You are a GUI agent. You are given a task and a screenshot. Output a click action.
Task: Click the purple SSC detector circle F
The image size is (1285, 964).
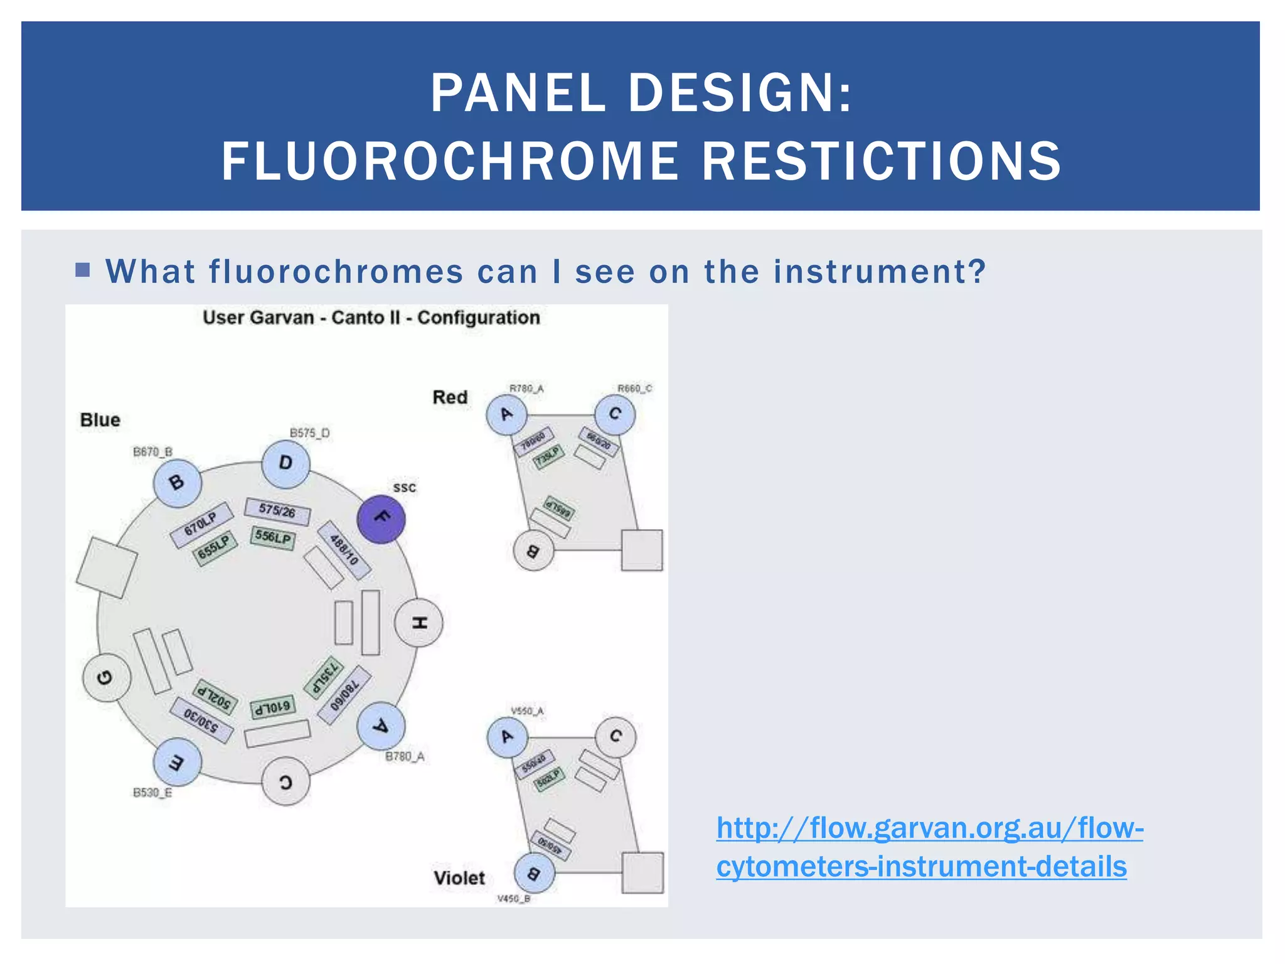point(381,518)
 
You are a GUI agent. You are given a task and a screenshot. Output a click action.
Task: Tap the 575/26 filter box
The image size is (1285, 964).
point(277,511)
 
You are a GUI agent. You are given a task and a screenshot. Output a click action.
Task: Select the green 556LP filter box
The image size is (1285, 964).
point(273,537)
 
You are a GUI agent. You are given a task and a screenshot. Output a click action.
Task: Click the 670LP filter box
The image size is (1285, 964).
point(201,523)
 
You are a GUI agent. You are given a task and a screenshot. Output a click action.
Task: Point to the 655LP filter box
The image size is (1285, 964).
point(215,548)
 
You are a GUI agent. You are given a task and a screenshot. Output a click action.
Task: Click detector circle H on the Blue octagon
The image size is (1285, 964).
point(419,623)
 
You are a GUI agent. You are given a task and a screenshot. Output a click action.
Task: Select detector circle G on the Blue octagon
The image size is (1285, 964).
point(107,678)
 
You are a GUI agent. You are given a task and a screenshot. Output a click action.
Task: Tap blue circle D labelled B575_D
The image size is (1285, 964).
point(285,464)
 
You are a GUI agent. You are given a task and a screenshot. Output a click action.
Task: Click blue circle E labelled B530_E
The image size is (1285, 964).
point(177,762)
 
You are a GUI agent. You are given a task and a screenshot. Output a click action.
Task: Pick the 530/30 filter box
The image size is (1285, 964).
point(201,719)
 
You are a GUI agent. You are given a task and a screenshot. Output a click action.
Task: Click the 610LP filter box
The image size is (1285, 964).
point(272,708)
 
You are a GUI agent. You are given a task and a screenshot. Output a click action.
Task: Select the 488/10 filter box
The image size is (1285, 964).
point(344,549)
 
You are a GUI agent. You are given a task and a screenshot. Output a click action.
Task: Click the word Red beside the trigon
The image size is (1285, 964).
point(450,397)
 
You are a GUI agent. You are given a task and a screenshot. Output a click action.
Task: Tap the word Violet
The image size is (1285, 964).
point(459,877)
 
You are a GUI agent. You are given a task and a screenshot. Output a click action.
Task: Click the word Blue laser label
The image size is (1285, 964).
point(100,420)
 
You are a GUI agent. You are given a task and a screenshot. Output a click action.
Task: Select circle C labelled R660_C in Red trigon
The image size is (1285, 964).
point(615,414)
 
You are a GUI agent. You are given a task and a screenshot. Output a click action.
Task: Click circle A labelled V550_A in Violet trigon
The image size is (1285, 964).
point(507,737)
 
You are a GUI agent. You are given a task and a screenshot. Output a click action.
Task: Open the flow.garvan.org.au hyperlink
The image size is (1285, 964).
point(929,847)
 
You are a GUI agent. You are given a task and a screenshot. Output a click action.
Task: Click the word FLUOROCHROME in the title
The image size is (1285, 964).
point(449,161)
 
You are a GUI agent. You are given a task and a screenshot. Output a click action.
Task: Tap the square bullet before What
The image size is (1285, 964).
point(82,270)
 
